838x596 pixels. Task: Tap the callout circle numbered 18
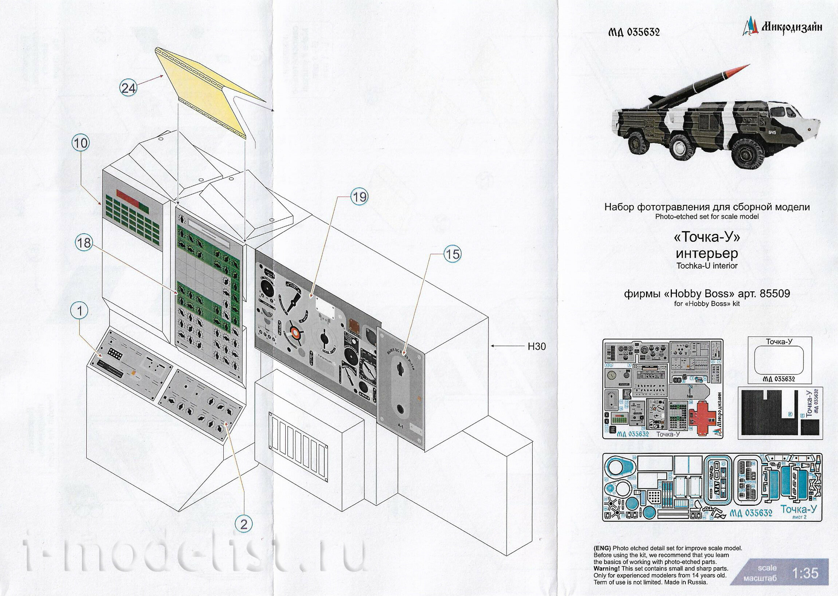84,243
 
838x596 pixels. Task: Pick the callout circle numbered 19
359,197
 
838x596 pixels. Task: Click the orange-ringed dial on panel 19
295,331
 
